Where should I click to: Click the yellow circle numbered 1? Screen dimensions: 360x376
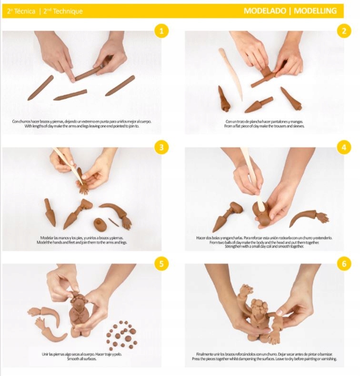coord(161,31)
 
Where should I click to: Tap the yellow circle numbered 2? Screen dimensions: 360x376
coord(344,31)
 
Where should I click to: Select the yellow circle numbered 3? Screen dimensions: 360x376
coord(161,147)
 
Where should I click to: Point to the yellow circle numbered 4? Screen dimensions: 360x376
coord(344,147)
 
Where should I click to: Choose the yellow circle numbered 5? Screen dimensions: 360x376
coord(161,264)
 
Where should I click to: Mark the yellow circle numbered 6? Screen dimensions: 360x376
coord(344,264)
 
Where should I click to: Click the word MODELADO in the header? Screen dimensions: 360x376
coord(265,11)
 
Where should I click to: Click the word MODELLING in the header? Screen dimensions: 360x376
coord(315,11)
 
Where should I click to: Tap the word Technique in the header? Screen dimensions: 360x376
coord(68,11)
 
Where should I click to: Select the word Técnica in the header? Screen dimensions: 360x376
coord(25,11)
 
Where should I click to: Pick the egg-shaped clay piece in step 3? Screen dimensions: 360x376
coord(100,224)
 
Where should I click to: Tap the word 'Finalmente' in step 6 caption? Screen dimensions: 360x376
coord(204,354)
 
